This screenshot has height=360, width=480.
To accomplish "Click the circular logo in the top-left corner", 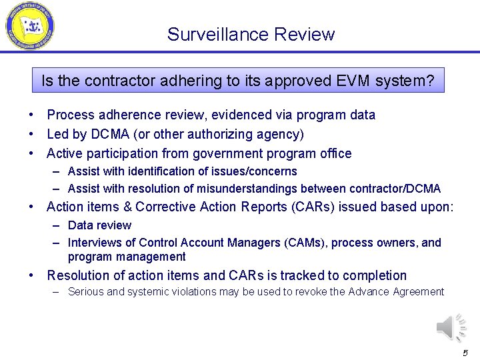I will tap(29, 27).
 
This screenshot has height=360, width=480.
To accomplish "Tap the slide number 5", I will tap(465, 353).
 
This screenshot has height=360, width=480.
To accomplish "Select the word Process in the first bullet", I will tap(71, 115).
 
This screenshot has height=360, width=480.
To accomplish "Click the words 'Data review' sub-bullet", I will tap(99, 225).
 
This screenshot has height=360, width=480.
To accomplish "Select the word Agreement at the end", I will tap(418, 291).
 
